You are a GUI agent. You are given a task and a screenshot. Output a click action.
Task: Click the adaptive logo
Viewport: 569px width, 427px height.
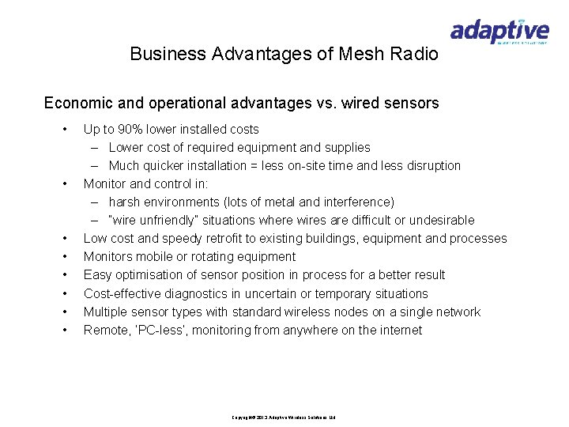pyautogui.click(x=499, y=31)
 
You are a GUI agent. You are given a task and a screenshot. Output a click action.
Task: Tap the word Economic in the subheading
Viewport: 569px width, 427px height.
pyautogui.click(x=79, y=103)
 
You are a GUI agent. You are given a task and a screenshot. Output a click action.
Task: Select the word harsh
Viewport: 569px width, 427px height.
pyautogui.click(x=124, y=202)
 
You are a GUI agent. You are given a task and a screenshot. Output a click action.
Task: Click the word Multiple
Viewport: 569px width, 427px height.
pyautogui.click(x=106, y=312)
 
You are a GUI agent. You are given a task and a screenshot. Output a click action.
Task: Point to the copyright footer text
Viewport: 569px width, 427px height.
pyautogui.click(x=284, y=417)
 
